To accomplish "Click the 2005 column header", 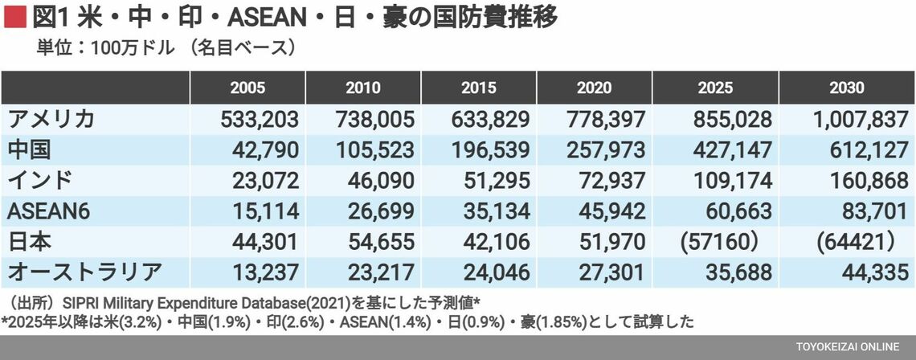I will (x=247, y=88).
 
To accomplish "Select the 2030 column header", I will (x=845, y=88).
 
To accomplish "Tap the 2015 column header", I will (x=480, y=88).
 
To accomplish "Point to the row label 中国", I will (x=31, y=150).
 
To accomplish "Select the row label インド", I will (x=40, y=181).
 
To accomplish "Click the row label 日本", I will (x=31, y=241).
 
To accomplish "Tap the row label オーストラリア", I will (x=85, y=272).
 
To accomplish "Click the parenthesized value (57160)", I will (x=720, y=241).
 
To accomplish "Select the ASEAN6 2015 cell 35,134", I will (x=495, y=211).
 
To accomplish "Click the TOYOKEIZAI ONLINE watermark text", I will (x=848, y=347).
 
